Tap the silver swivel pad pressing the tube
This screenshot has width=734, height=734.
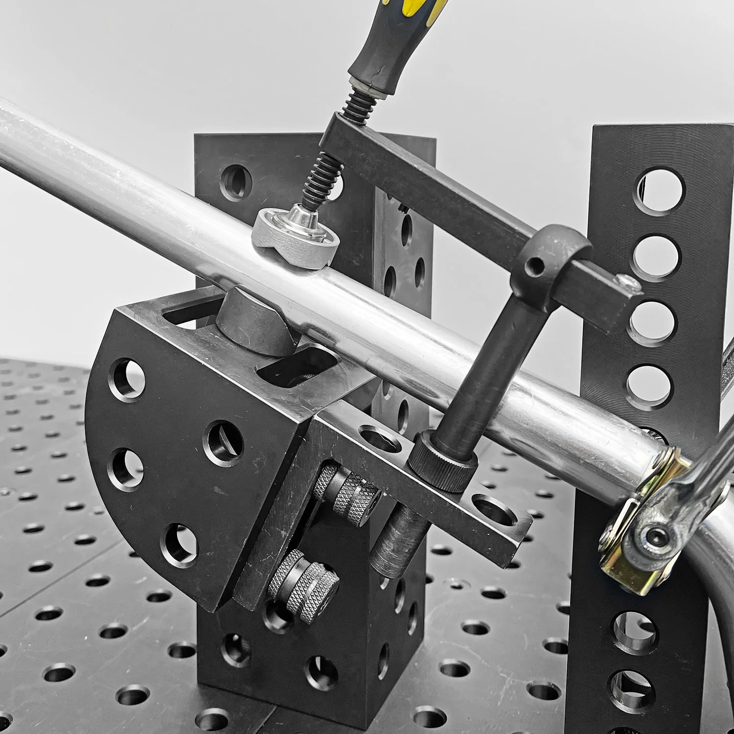point(294,237)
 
